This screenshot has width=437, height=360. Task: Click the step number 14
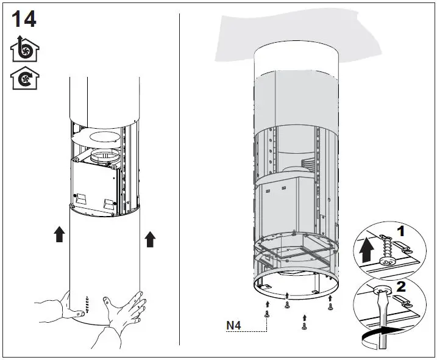[x=24, y=19]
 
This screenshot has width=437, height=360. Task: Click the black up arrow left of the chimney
[x=59, y=234]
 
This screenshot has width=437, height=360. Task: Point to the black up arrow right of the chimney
[x=150, y=239]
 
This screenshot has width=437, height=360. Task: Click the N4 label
[x=233, y=325]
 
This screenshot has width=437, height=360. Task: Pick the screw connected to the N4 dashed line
[x=267, y=314]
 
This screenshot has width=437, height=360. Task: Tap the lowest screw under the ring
[x=304, y=326]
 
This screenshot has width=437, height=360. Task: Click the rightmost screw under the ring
[x=330, y=307]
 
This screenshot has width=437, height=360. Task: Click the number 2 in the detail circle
[x=400, y=286]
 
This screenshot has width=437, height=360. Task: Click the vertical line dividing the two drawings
[x=180, y=177]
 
